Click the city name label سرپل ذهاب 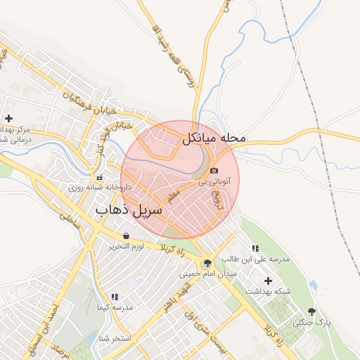coord(129,210)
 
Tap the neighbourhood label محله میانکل coord(215,138)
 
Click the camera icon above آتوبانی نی coord(214,170)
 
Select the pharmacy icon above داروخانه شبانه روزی coord(98,177)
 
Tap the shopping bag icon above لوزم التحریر coord(126,236)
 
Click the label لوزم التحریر coord(126,247)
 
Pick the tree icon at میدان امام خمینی coord(207,263)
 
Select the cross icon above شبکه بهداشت coord(268,281)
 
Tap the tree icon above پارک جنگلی coord(312,311)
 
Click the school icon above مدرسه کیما coord(115,297)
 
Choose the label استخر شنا coord(116,338)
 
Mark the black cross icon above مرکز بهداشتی coord(8,118)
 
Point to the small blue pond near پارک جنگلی coord(314,285)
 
